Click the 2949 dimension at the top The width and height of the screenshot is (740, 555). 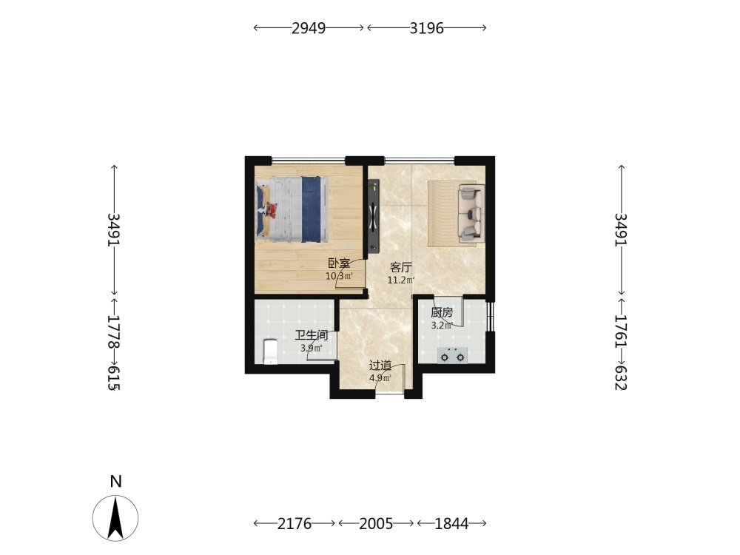309,28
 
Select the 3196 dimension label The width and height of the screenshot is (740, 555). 427,28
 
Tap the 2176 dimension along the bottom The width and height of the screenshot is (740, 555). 295,523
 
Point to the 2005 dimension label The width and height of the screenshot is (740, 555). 376,523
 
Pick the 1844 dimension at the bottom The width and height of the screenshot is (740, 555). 451,523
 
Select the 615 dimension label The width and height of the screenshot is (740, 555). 114,377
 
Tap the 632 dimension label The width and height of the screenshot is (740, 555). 622,377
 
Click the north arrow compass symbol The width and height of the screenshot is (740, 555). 115,518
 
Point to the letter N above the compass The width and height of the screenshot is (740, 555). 115,482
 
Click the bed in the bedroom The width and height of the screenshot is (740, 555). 292,209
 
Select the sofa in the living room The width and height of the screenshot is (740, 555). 471,214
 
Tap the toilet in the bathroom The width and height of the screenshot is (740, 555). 270,351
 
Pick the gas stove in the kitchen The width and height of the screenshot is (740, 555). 453,355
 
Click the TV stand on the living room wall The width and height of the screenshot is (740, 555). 374,216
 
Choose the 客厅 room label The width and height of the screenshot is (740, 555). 400,268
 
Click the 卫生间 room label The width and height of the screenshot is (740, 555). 312,335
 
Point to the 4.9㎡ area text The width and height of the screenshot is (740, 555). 380,377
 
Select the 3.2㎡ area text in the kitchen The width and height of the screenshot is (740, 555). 442,325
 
